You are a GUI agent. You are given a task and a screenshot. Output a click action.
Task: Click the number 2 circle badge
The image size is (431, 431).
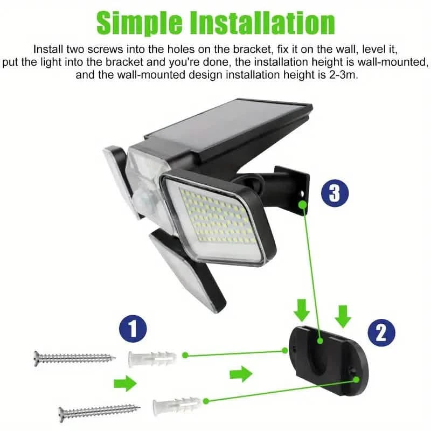[x=381, y=333]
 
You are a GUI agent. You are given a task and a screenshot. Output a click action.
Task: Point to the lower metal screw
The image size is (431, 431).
[x=99, y=411]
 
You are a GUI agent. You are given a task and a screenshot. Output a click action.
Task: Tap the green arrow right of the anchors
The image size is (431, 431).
[x=240, y=373]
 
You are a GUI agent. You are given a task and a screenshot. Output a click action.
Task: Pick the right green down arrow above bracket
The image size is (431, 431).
[x=342, y=316]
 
